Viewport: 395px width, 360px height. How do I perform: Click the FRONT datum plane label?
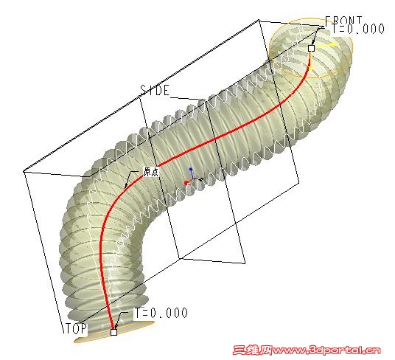coord(344,20)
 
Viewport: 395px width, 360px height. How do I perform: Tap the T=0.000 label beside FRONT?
coord(358,29)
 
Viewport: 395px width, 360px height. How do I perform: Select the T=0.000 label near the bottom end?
coord(161,313)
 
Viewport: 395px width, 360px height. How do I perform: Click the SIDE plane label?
coord(155,90)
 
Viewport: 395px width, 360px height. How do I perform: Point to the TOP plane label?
coord(76,328)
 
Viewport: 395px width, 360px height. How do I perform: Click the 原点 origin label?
coord(151,171)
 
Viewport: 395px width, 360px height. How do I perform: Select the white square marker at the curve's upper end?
coord(312,48)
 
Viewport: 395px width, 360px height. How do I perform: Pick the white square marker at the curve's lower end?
coord(114,332)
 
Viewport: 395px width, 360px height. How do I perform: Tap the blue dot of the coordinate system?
coord(191,169)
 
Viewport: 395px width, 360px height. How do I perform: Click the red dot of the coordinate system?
coord(186,183)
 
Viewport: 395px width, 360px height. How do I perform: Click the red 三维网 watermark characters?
coord(252,350)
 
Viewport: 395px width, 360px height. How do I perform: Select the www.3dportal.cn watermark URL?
coord(326,350)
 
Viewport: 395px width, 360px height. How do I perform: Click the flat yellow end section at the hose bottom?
coord(114,332)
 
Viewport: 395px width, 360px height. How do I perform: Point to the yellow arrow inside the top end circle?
coord(326,45)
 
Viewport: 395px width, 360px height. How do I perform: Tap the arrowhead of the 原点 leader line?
coord(126,187)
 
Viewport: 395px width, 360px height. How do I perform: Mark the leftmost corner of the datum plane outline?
coord(24,172)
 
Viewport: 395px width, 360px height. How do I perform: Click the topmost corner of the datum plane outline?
coord(259,20)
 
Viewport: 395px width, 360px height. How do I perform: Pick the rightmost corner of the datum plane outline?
coord(299,182)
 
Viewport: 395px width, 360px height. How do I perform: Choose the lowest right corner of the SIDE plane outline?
coord(245,263)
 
